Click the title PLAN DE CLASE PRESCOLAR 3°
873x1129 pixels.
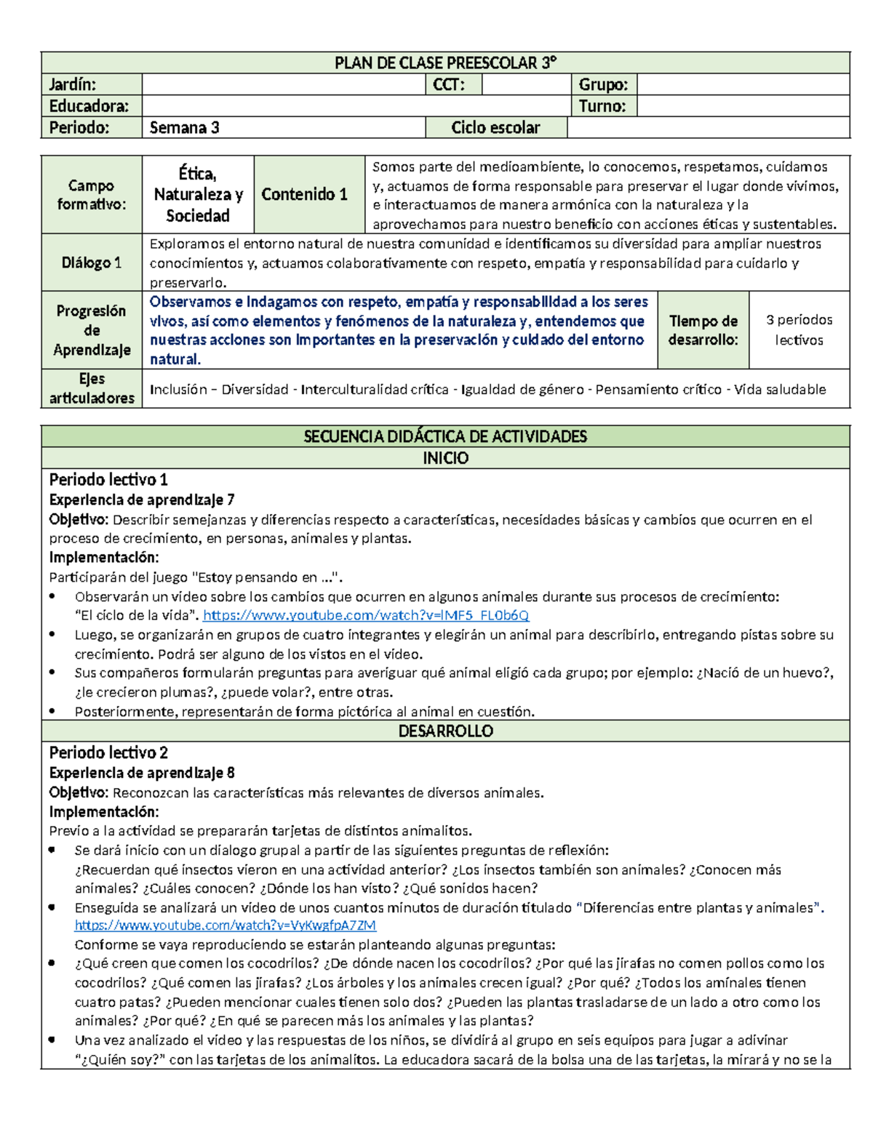tap(445, 63)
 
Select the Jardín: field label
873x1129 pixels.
tap(73, 84)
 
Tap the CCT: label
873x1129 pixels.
tap(448, 84)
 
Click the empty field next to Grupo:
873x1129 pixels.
tap(742, 84)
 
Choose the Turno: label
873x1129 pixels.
tap(602, 106)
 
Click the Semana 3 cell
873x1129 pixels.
tap(185, 128)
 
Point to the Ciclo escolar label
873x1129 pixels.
tap(495, 128)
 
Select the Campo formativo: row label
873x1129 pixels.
tap(92, 195)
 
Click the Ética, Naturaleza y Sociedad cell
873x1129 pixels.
tap(198, 195)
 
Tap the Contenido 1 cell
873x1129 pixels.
tap(305, 194)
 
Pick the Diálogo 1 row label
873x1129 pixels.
tap(92, 262)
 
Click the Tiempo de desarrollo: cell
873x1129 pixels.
tap(703, 330)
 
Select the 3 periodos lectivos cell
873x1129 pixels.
tap(799, 330)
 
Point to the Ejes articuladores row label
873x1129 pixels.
tap(92, 388)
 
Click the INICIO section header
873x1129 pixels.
tap(445, 458)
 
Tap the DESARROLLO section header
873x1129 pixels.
tap(445, 731)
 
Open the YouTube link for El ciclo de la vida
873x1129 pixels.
tap(365, 616)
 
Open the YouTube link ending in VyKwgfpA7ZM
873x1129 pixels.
tap(226, 925)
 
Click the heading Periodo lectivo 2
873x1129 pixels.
tap(108, 752)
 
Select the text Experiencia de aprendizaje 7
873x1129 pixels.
tap(141, 499)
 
